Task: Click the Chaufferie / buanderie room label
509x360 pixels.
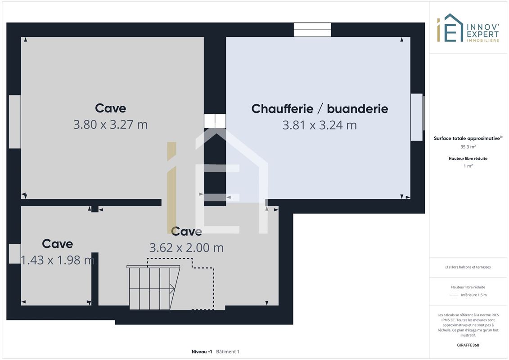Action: [320, 109]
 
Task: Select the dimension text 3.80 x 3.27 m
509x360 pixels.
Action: [110, 124]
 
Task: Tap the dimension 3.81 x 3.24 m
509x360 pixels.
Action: [320, 125]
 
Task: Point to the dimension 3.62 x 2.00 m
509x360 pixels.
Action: [186, 247]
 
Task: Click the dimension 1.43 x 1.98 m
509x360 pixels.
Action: [58, 260]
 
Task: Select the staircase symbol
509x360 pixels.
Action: [153, 287]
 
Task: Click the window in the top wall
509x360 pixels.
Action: [312, 30]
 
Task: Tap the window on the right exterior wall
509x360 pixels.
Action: [418, 117]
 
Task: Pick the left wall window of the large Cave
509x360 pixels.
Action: [14, 122]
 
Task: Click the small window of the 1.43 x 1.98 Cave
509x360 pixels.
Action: [14, 253]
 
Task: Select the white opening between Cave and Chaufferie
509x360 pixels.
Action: [215, 121]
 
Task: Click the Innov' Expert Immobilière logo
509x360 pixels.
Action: [468, 28]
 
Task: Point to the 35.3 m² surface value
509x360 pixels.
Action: [468, 147]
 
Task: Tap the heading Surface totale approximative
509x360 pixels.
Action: [468, 138]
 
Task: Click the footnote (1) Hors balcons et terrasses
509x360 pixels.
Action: [468, 267]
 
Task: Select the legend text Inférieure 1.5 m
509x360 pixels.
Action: [473, 295]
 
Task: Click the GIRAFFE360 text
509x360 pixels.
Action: [468, 345]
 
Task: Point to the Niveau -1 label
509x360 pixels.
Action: [202, 351]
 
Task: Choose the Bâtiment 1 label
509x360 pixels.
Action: [228, 351]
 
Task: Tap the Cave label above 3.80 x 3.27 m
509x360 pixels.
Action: [110, 108]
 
